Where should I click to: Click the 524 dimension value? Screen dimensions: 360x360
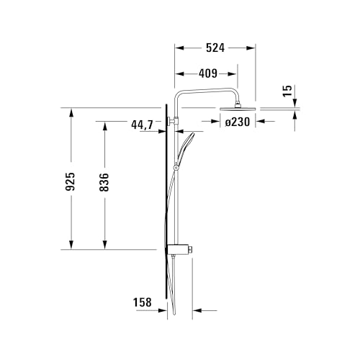[215, 48]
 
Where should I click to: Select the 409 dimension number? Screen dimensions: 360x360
[208, 73]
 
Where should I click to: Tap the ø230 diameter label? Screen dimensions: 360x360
[238, 122]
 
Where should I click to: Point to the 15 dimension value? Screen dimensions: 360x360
[287, 91]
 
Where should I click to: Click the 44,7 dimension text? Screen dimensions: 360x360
[142, 125]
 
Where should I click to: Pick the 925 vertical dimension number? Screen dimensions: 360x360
[71, 181]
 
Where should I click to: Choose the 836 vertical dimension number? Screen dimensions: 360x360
[104, 182]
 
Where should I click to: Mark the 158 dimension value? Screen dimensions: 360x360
[143, 302]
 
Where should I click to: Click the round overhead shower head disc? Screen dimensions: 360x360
[238, 109]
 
